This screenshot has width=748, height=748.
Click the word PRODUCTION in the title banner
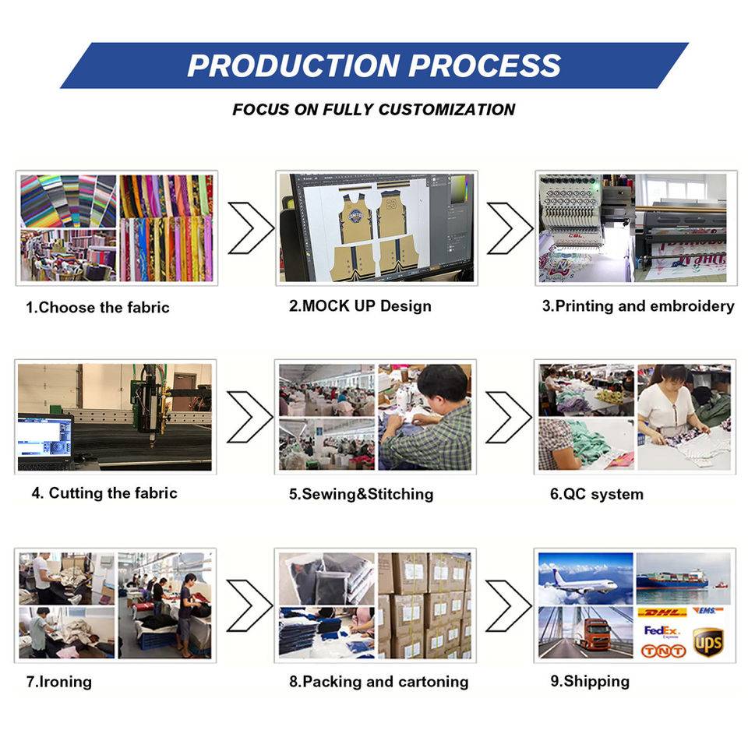pyautogui.click(x=294, y=65)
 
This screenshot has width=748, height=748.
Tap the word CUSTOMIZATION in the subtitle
pyautogui.click(x=446, y=110)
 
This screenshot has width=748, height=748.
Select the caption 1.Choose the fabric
pyautogui.click(x=97, y=308)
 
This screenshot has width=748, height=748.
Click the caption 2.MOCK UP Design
pyautogui.click(x=360, y=306)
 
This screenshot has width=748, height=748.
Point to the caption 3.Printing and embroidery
pyautogui.click(x=638, y=306)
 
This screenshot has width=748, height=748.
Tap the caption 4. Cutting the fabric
pyautogui.click(x=104, y=493)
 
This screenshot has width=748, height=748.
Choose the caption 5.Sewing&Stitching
pyautogui.click(x=361, y=494)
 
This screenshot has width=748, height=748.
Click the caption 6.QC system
pyautogui.click(x=596, y=494)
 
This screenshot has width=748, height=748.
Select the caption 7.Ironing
pyautogui.click(x=59, y=682)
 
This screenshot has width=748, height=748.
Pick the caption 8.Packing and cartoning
pyautogui.click(x=379, y=682)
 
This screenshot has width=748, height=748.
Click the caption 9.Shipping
pyautogui.click(x=590, y=682)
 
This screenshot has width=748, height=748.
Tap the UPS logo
pyautogui.click(x=708, y=643)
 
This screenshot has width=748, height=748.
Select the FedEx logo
pyautogui.click(x=662, y=630)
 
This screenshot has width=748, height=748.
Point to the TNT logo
pyautogui.click(x=663, y=650)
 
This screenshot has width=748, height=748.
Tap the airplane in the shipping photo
pyautogui.click(x=584, y=581)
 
